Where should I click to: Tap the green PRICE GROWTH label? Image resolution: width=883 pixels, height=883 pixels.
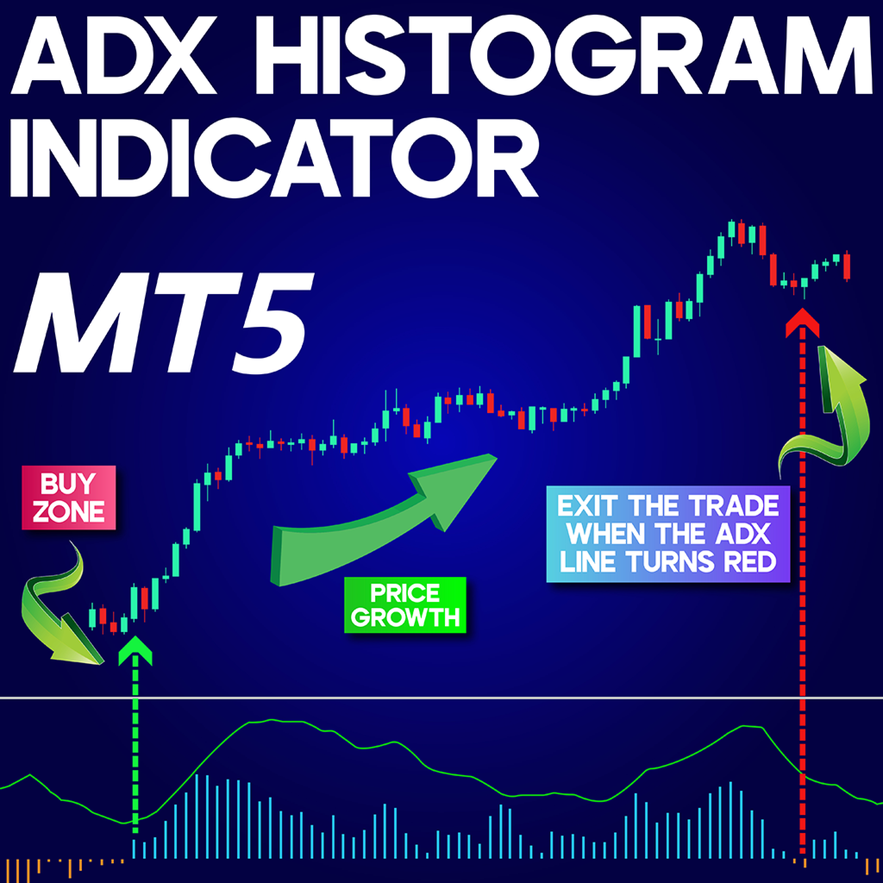click(405, 605)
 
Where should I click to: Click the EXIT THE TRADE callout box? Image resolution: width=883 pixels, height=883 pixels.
click(668, 535)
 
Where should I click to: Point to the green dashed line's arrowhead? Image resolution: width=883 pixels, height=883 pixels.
click(135, 649)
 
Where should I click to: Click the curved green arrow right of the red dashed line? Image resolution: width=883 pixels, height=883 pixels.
click(828, 414)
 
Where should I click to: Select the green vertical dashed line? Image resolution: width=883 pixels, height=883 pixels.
click(135, 750)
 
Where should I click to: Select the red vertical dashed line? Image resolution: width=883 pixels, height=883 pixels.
click(803, 604)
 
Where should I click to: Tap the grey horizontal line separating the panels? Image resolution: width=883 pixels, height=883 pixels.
click(441, 698)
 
